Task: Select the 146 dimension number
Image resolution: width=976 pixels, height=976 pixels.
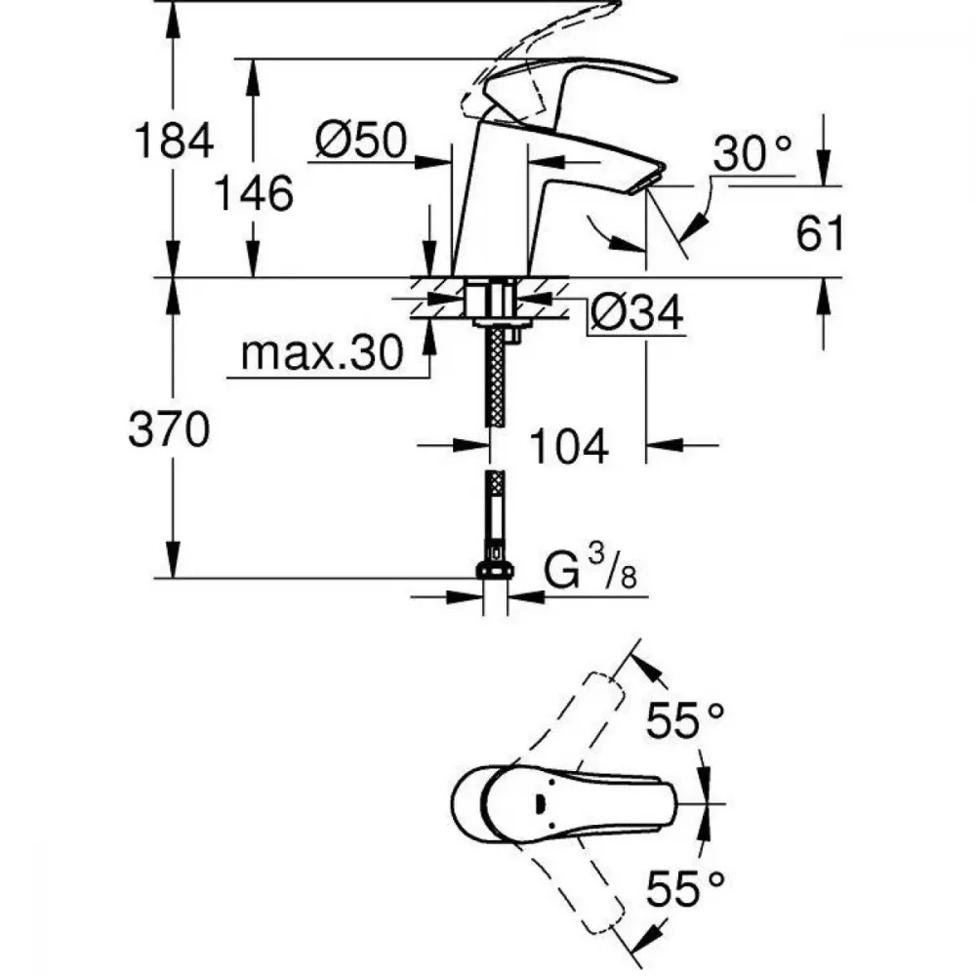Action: tap(254, 193)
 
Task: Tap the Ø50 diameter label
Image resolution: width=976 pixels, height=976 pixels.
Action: tap(361, 140)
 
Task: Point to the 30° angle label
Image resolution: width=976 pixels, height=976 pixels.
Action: tap(752, 153)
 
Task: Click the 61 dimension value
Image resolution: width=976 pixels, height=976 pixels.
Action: tap(820, 234)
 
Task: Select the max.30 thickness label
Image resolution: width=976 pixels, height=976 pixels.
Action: tap(322, 353)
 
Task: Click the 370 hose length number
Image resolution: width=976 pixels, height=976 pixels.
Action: tap(169, 429)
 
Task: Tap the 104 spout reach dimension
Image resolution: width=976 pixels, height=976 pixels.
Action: tap(568, 446)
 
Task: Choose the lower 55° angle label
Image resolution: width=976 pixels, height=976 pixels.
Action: tap(685, 887)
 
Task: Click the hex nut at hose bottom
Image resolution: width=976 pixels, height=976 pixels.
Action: tap(496, 570)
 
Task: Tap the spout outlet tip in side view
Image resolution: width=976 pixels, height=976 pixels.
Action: tap(647, 184)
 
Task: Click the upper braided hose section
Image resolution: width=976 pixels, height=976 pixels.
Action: tap(496, 377)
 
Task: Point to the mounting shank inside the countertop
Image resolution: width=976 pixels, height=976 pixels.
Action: tap(492, 299)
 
